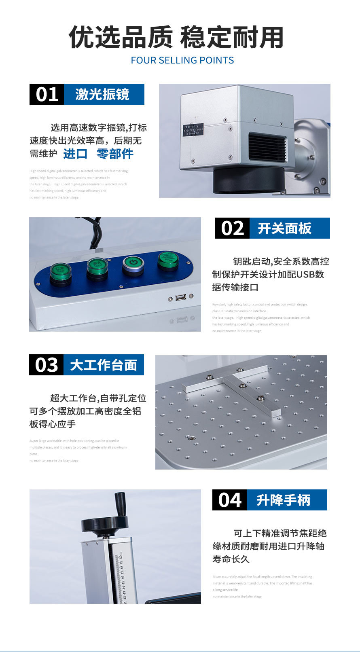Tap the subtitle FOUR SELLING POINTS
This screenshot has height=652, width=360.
182,60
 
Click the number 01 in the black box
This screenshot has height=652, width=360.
47,94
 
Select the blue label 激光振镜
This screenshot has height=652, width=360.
102,94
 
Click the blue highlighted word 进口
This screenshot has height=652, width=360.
75,154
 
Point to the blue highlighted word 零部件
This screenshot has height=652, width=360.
115,154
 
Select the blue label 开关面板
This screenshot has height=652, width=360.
285,228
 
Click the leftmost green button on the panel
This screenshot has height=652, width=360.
61,272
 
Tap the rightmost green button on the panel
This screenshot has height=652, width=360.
168,260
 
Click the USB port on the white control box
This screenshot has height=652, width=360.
181,298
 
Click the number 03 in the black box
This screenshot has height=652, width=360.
46,365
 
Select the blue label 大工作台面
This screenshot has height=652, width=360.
103,365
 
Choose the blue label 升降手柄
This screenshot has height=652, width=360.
283,500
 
